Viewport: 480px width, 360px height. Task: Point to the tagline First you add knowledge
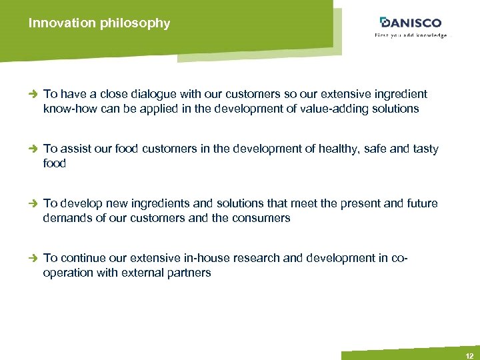pos(410,35)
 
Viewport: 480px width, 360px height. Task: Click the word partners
pos(188,273)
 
